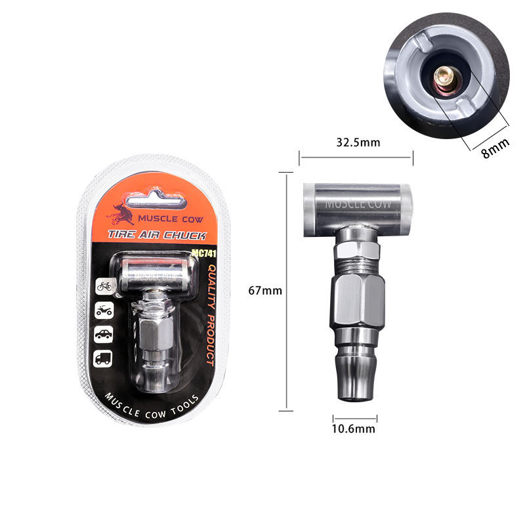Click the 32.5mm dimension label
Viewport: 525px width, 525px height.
358,142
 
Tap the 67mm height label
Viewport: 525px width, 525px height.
265,291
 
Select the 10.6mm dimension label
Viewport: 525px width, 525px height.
353,429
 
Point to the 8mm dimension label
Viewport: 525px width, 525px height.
495,147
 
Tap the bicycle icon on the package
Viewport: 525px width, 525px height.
104,286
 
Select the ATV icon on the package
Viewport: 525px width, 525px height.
104,310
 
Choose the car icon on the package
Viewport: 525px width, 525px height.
104,334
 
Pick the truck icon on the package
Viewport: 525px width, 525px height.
103,358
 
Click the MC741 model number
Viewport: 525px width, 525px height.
204,253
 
